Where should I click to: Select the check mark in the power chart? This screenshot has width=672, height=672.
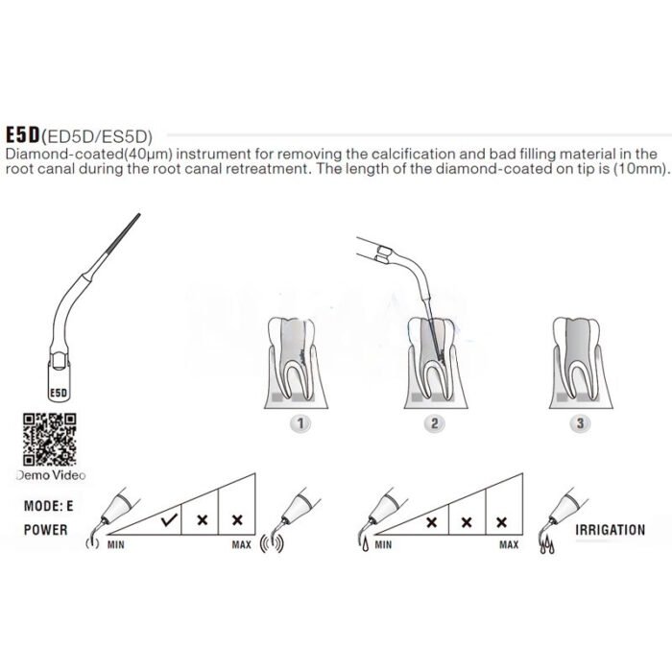pyautogui.click(x=169, y=519)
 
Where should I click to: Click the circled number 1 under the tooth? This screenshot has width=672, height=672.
pyautogui.click(x=302, y=421)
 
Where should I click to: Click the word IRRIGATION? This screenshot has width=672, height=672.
pyautogui.click(x=609, y=530)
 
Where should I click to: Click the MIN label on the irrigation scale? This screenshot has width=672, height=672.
pyautogui.click(x=384, y=545)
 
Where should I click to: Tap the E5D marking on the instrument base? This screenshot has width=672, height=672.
pyautogui.click(x=57, y=392)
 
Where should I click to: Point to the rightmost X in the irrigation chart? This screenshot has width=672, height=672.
pyautogui.click(x=501, y=521)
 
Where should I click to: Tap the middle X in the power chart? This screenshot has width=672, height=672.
pyautogui.click(x=203, y=519)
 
